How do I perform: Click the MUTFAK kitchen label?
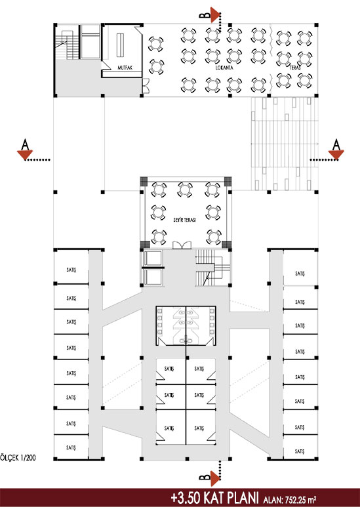[125, 68]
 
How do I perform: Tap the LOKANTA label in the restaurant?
[224, 68]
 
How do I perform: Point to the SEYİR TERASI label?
[185, 220]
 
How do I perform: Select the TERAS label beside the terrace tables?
[295, 68]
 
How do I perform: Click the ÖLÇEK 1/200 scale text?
[18, 457]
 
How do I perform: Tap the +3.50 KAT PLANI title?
[214, 498]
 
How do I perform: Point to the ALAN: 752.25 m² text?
[290, 499]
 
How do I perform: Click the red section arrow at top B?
[215, 15]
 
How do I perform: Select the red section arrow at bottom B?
[215, 478]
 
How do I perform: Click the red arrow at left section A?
[25, 154]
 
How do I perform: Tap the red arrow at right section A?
[336, 154]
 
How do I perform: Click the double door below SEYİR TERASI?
[182, 245]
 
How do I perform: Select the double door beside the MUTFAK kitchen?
[146, 85]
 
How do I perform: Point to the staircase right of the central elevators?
[213, 268]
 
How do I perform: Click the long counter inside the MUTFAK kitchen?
[121, 45]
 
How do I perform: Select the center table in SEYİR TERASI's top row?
[185, 190]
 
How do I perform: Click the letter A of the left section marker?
[25, 144]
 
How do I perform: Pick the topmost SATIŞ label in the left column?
[71, 270]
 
